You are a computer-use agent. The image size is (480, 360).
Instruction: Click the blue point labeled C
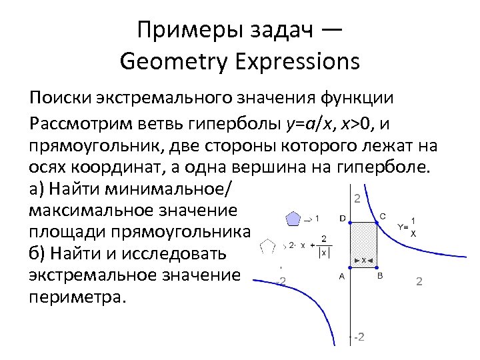pyautogui.click(x=379, y=223)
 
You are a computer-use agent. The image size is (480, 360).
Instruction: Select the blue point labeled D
pyautogui.click(x=351, y=223)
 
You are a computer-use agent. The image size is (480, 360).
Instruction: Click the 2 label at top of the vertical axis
pyautogui.click(x=358, y=199)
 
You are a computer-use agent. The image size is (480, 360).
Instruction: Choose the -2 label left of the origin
pyautogui.click(x=281, y=281)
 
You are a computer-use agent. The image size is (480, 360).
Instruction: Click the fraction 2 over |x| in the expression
pyautogui.click(x=324, y=245)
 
